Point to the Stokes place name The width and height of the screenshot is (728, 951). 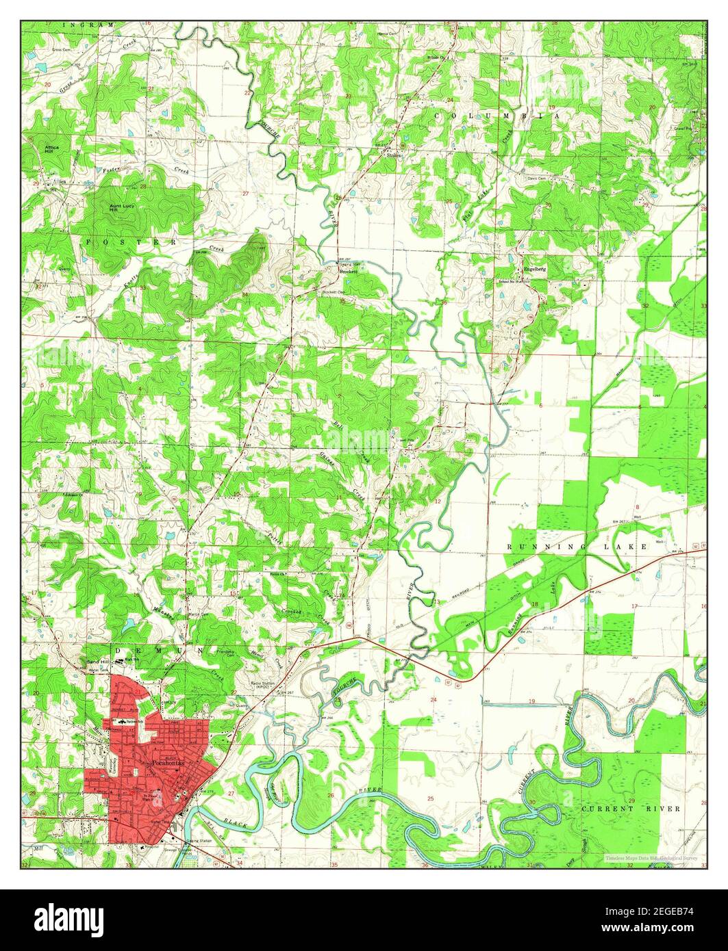(x=394, y=156)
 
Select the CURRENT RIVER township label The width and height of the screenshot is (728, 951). (x=631, y=809)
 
